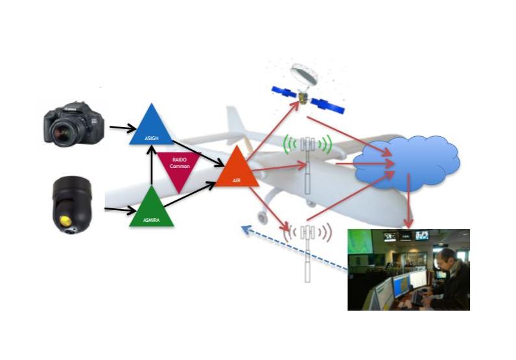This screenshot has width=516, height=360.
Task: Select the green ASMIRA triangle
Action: click(x=152, y=211)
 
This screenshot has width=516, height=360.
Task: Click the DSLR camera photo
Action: click(x=74, y=124)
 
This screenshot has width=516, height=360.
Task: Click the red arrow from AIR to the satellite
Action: click(x=273, y=130)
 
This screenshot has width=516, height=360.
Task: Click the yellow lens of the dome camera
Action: click(x=66, y=221)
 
